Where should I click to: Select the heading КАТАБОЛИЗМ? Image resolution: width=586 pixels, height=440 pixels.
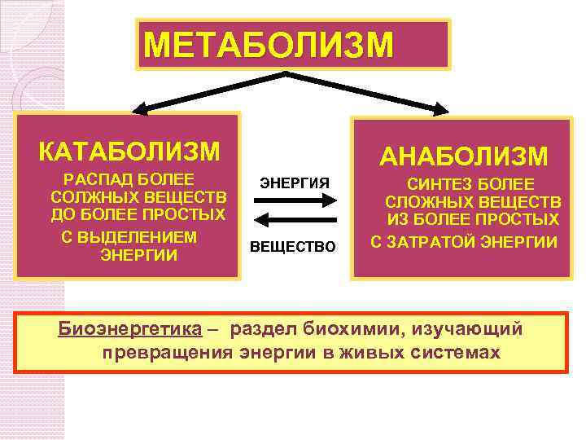(x=129, y=152)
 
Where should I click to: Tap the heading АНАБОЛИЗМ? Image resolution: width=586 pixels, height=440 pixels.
(x=465, y=156)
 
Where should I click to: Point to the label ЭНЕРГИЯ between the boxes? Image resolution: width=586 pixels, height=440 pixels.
(x=295, y=183)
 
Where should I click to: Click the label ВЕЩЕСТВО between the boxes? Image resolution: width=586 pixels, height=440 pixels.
(x=292, y=246)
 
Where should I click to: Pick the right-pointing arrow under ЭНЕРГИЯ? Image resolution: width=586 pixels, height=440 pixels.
(x=295, y=201)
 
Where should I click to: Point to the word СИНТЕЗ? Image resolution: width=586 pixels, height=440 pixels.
(x=439, y=184)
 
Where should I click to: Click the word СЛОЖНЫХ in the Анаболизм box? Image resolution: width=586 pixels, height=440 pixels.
(x=426, y=202)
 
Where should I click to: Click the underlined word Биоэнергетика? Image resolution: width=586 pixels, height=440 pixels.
(x=129, y=329)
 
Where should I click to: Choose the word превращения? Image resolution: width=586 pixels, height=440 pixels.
(x=168, y=353)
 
